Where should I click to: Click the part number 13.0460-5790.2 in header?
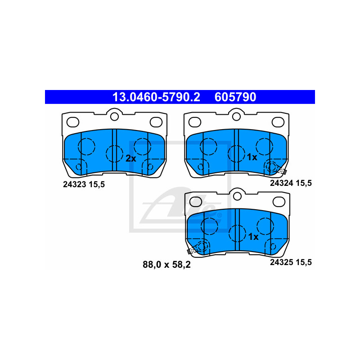(156, 97)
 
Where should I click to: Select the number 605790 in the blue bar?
(235, 97)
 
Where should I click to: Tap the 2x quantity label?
(131, 158)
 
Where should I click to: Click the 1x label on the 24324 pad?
(252, 157)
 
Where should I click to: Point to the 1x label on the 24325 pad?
(253, 237)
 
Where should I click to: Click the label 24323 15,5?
(84, 184)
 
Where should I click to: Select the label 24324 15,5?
(291, 183)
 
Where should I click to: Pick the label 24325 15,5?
(291, 262)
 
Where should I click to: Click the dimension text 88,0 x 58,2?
(166, 265)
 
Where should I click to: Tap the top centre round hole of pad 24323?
(114, 117)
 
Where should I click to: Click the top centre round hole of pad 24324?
(236, 117)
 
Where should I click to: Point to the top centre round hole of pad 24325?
(237, 196)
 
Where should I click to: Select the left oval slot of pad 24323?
(73, 122)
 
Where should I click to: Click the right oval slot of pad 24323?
(156, 122)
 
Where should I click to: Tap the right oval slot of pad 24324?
(278, 122)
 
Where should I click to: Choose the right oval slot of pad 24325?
(279, 202)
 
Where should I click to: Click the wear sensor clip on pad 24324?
(282, 170)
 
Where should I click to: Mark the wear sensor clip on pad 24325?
(193, 250)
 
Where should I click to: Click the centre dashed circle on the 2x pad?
(114, 154)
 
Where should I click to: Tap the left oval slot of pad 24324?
(195, 122)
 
